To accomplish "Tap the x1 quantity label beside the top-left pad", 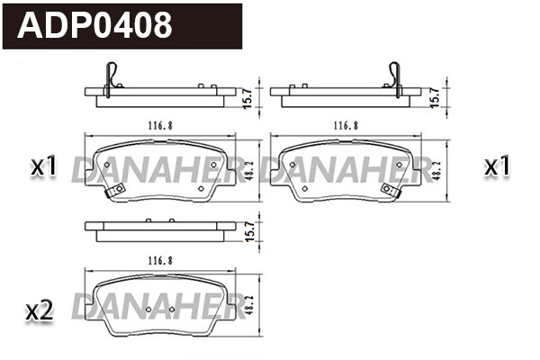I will [x=43, y=166].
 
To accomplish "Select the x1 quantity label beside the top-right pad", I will [x=498, y=166].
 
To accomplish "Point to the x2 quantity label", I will [x=40, y=311].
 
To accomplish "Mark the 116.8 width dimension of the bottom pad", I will [x=158, y=260].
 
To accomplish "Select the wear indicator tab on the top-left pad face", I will [x=113, y=191].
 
